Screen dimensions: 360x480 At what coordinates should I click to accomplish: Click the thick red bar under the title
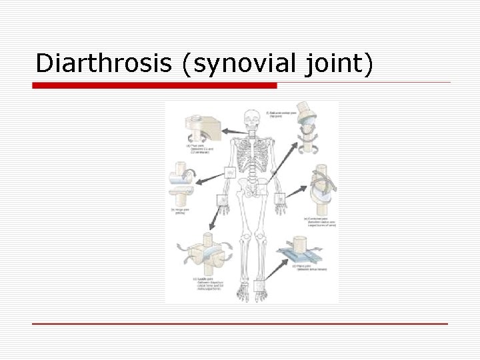coord(155,85)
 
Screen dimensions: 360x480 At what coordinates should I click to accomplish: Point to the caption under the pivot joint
coord(198,148)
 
